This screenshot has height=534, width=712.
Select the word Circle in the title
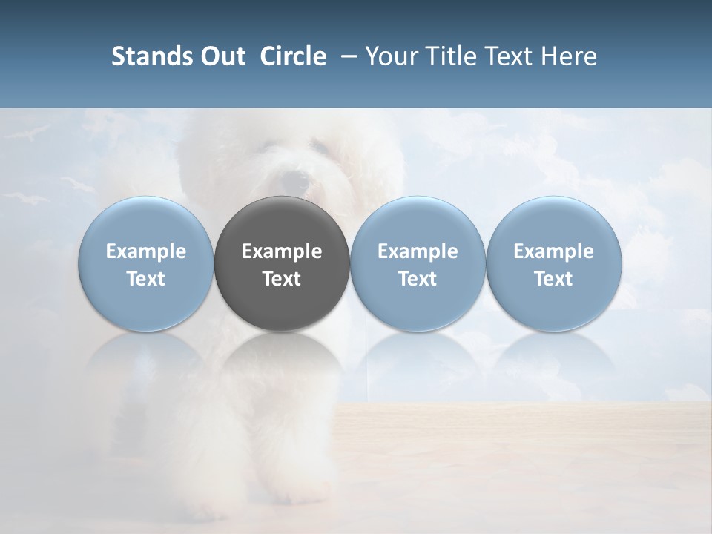click(x=293, y=56)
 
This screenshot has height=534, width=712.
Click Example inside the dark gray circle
click(x=282, y=252)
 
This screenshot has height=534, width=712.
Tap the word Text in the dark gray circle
click(x=282, y=279)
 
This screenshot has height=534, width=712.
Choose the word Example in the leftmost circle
click(x=146, y=252)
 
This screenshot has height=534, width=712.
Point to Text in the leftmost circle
click(x=146, y=279)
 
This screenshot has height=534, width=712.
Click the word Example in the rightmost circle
click(x=553, y=252)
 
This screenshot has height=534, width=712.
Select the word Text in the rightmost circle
click(x=553, y=279)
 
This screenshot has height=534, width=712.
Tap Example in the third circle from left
click(x=418, y=252)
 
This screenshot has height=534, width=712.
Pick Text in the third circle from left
click(x=418, y=279)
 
